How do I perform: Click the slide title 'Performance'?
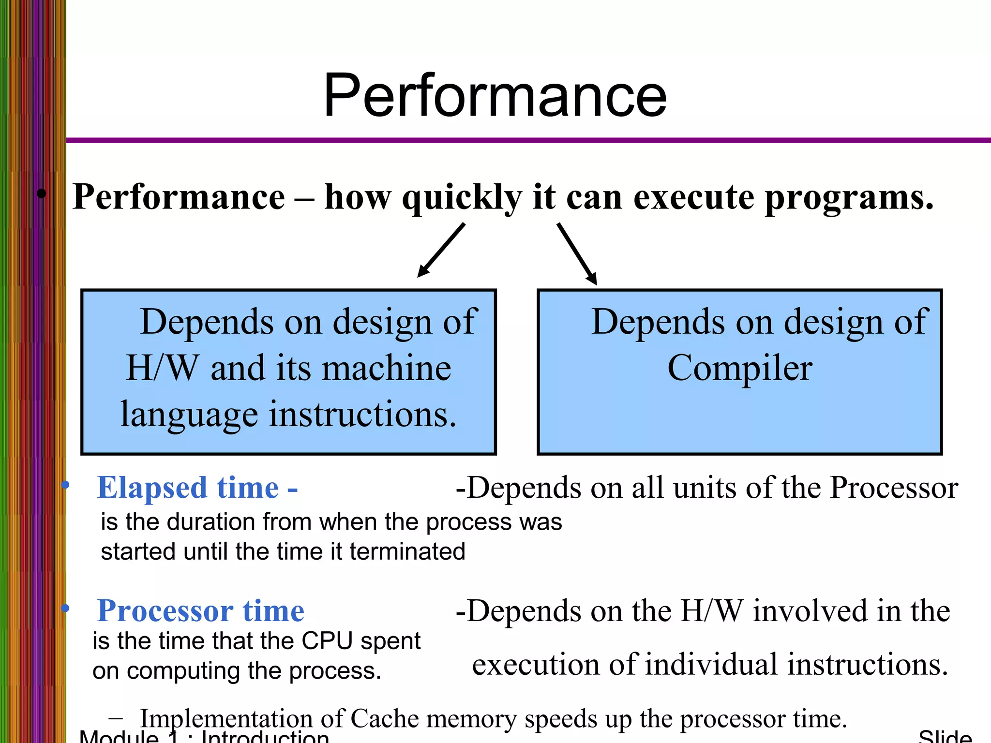(495, 95)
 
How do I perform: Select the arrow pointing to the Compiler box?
(577, 253)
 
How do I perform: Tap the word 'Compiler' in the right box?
(739, 369)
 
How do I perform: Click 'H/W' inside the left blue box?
(162, 369)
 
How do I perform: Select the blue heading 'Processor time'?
(200, 611)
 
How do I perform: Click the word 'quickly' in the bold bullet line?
(462, 198)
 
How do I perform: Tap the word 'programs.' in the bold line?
(849, 198)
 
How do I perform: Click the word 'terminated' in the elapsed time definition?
(407, 552)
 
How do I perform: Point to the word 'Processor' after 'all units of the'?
(894, 488)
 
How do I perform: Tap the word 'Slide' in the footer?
(945, 737)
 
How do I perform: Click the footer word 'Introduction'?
(265, 737)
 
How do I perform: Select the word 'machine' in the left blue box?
(387, 369)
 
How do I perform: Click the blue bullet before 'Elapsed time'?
(66, 485)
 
